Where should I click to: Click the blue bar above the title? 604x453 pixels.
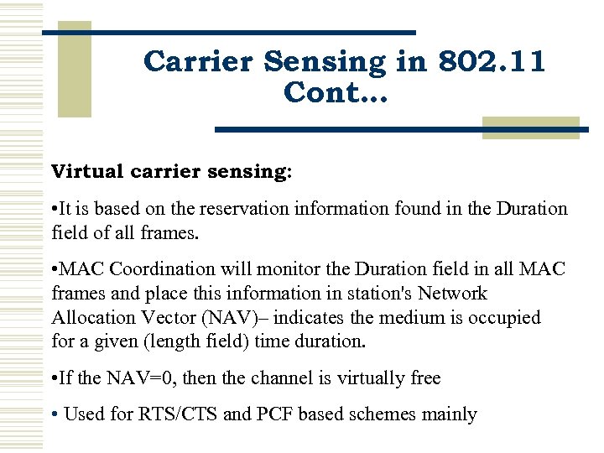[x=228, y=32]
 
